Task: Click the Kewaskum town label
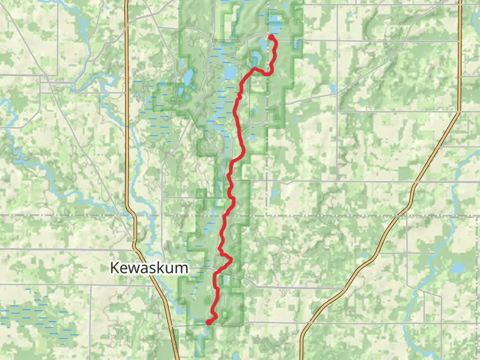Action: (x=149, y=268)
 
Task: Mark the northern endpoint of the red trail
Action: (x=271, y=37)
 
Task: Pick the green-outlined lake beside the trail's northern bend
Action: (x=256, y=59)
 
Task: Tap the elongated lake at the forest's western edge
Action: (x=188, y=77)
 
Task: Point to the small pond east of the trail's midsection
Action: (x=274, y=194)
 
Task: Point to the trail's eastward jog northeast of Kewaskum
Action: (x=229, y=259)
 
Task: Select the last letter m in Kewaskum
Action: (x=182, y=268)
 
